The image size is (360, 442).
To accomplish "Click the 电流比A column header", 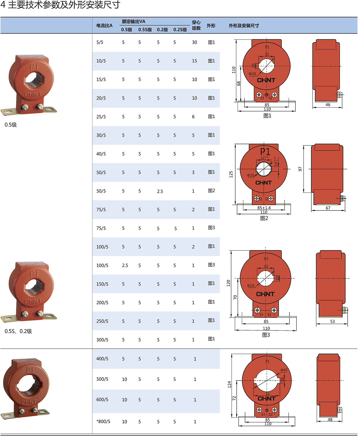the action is point(104,25).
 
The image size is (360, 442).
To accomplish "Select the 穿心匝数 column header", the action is point(196,25).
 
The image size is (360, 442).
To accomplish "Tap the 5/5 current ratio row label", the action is point(100,42).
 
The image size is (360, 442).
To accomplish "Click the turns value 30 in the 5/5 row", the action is point(194,42).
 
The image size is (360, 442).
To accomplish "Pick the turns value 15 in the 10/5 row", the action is point(194,61).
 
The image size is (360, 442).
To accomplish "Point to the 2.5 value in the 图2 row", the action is point(160,191).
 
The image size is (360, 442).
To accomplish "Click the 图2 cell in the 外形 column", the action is point(211,190).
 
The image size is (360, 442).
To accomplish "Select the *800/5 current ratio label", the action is point(103,421).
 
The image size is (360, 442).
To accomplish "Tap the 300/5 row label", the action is point(102,340).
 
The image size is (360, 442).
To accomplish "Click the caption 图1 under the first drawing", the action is point(267,115).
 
